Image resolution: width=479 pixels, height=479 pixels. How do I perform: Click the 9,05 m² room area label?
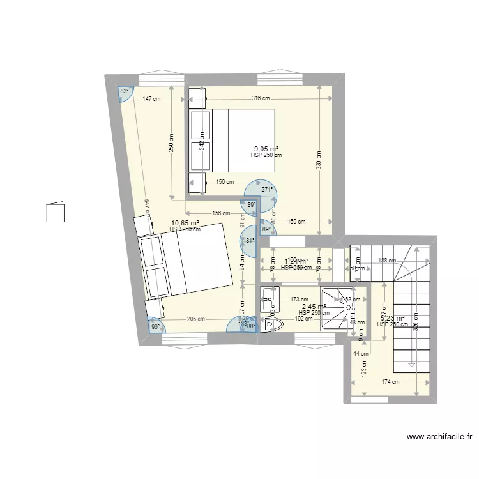(266, 149)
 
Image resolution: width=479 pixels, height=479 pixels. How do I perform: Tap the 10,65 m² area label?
(185, 224)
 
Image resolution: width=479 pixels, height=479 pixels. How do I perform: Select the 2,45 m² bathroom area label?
(314, 307)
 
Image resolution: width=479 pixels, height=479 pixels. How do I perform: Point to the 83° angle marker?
(125, 91)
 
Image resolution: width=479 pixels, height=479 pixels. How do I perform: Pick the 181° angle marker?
(249, 241)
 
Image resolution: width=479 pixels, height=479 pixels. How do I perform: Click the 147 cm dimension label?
(152, 99)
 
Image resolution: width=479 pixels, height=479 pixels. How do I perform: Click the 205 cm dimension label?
(195, 319)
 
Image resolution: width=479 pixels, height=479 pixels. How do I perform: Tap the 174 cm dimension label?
(392, 382)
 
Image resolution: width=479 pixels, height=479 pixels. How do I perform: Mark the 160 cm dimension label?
(296, 222)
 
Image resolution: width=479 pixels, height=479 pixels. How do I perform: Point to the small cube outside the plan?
(56, 211)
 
